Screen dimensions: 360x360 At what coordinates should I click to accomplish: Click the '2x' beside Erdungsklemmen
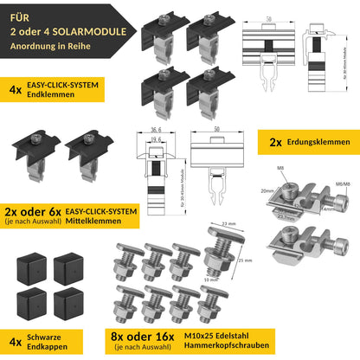pyautogui.click(x=275, y=141)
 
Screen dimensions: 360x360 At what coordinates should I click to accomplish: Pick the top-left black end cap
pyautogui.click(x=29, y=267)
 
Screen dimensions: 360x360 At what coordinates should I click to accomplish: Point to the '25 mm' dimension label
pyautogui.click(x=244, y=260)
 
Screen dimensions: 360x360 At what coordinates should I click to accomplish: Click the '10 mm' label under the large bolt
pyautogui.click(x=210, y=279)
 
